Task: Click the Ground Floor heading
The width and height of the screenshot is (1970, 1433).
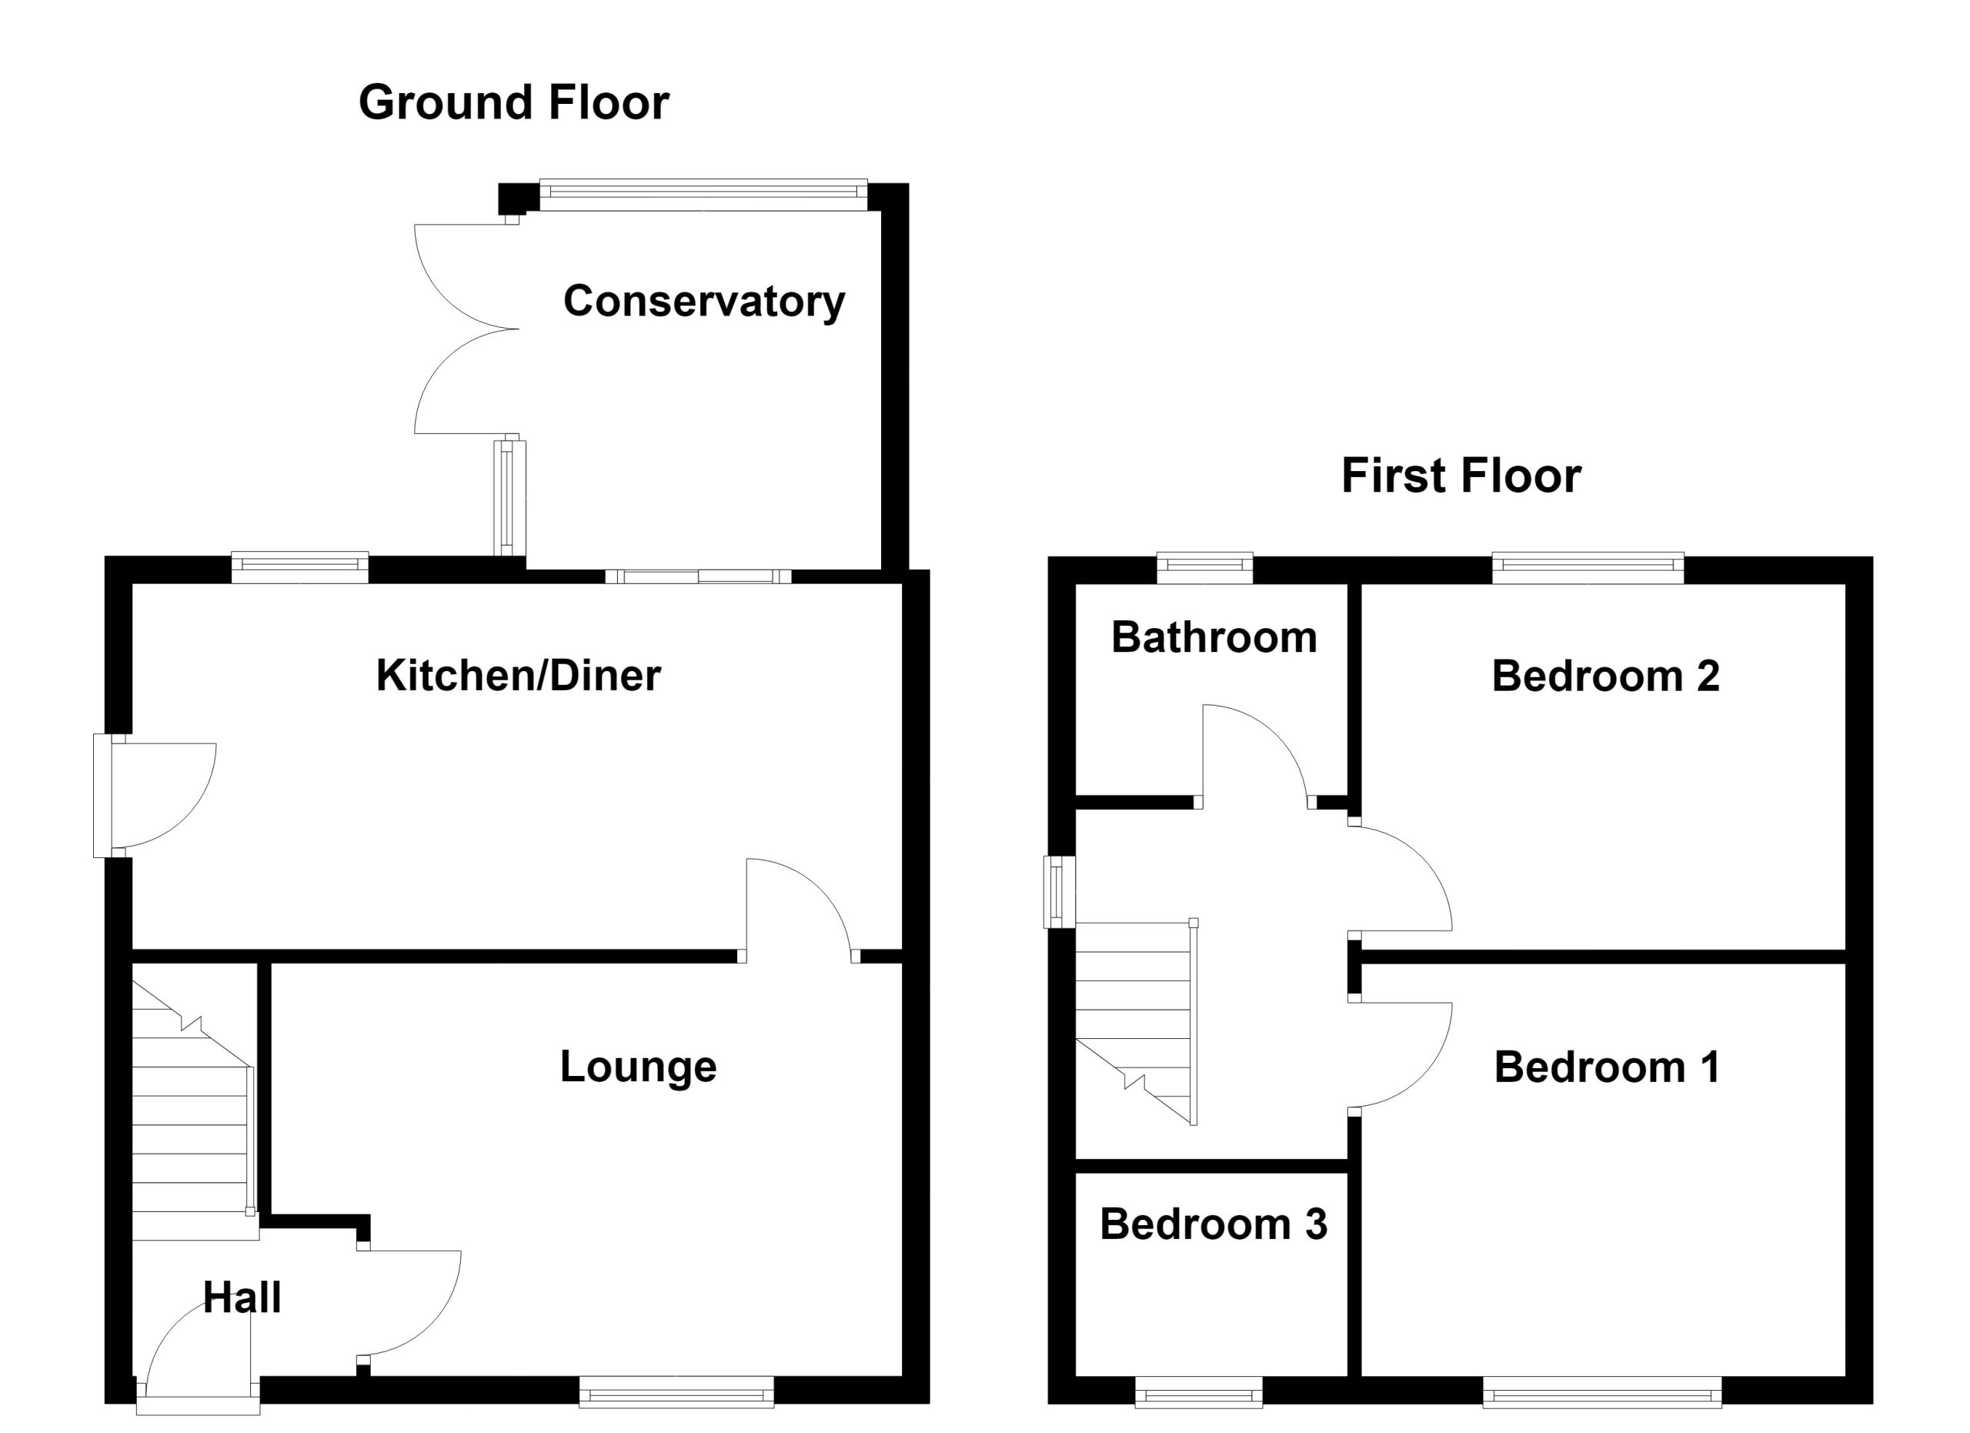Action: (513, 102)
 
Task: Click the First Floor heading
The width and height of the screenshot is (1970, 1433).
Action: (1461, 476)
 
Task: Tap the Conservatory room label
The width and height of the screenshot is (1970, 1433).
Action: (703, 302)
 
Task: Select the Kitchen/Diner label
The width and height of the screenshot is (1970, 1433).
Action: (519, 676)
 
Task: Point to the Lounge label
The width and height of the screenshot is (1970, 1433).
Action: (639, 1067)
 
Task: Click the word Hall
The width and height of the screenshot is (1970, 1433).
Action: (242, 1298)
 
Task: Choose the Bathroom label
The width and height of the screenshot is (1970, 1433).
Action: (1214, 637)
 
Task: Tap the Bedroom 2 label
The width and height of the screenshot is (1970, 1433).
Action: (1605, 676)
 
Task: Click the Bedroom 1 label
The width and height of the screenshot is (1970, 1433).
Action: (1607, 1067)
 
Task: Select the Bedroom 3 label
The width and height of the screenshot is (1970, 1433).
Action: (1214, 1224)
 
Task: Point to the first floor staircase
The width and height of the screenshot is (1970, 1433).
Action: (1136, 1022)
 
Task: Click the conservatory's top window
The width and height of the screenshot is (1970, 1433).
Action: (703, 195)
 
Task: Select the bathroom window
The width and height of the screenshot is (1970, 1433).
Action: (1205, 567)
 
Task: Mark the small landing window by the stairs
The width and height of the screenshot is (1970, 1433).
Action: (1060, 892)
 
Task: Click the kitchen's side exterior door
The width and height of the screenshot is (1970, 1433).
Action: (155, 796)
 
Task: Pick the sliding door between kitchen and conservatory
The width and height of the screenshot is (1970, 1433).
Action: (699, 576)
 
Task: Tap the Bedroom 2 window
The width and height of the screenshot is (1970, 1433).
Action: (1588, 567)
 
